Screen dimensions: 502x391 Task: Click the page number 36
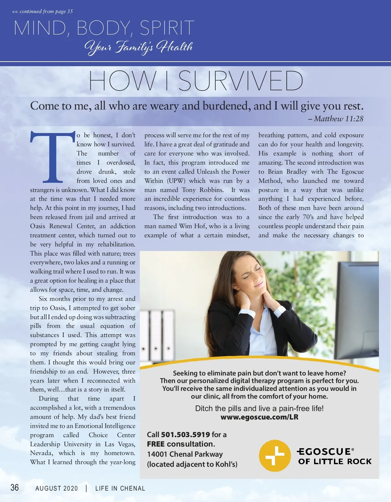pos(15,487)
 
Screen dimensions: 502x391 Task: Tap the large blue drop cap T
pos(52,157)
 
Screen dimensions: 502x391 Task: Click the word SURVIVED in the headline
pos(240,81)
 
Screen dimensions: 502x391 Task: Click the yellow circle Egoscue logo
pos(275,456)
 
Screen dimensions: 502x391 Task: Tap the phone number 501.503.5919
pos(185,435)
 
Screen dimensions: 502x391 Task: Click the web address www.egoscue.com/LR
pos(259,417)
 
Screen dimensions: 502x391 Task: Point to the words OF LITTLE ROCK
pos(335,462)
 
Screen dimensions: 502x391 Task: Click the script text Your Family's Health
pos(138,47)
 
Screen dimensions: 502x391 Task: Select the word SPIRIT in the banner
pos(167,28)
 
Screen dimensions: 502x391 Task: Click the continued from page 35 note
pos(42,11)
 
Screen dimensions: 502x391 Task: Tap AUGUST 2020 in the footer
pos(57,488)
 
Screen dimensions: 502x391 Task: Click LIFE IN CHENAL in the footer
pos(120,488)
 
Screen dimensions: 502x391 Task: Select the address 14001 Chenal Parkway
pos(185,454)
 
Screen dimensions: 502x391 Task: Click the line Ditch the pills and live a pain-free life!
pos(259,408)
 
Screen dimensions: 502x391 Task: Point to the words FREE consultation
pos(181,444)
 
